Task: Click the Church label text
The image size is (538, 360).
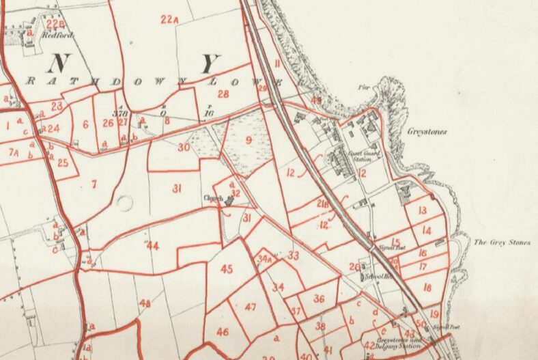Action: [213, 199]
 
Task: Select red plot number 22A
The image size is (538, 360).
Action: [169, 20]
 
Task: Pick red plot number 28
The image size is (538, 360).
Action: [223, 94]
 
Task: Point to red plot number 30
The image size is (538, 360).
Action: [183, 147]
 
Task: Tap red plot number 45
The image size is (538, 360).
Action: [227, 268]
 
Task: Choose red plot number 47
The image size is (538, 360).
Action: [250, 307]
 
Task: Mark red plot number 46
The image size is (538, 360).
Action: [223, 332]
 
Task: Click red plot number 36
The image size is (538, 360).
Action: [318, 299]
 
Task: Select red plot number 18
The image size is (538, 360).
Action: [427, 288]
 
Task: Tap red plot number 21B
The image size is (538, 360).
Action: [322, 203]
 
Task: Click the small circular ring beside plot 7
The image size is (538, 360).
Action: [124, 204]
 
